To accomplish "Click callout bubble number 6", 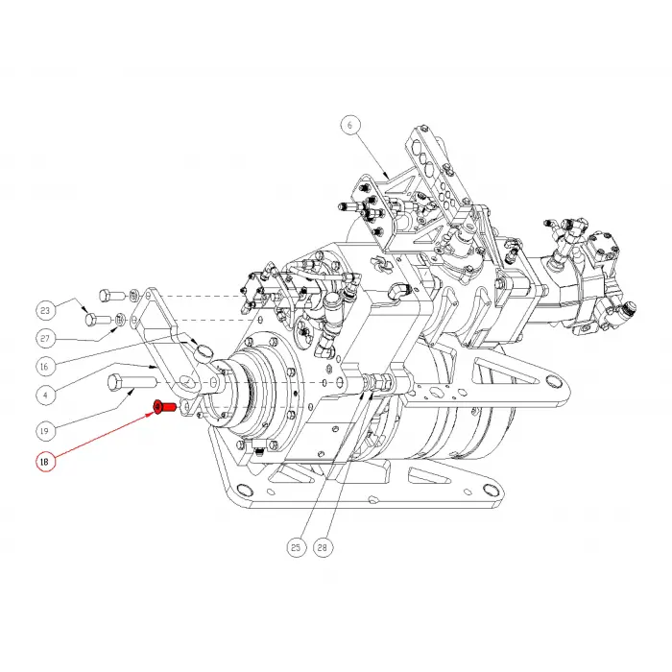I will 350,124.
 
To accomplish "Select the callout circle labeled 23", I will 44,310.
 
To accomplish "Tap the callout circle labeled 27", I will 44,338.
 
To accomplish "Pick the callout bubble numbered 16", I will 44,366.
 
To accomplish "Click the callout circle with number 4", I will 44,394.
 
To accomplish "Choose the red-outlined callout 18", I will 44,463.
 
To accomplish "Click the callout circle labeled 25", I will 296,548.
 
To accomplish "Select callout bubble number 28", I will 323,548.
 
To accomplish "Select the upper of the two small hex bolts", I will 107,294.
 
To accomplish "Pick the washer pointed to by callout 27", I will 121,320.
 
